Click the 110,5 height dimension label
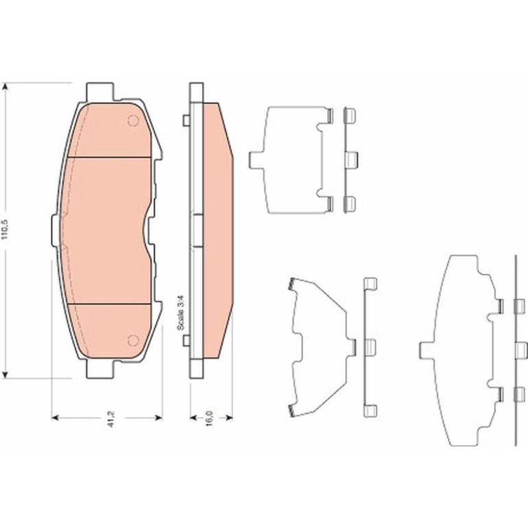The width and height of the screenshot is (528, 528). coord(4,230)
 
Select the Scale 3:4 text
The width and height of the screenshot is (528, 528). coord(181,313)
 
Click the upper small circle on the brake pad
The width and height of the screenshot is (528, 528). coord(133,120)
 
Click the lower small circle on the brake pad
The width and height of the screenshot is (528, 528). coord(133,340)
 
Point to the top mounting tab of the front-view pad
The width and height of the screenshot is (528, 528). coord(100,92)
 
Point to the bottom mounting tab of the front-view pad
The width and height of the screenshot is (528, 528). coord(100,369)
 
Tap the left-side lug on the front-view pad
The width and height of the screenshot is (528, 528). coord(56,230)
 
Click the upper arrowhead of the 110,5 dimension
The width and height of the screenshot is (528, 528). coord(5,87)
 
